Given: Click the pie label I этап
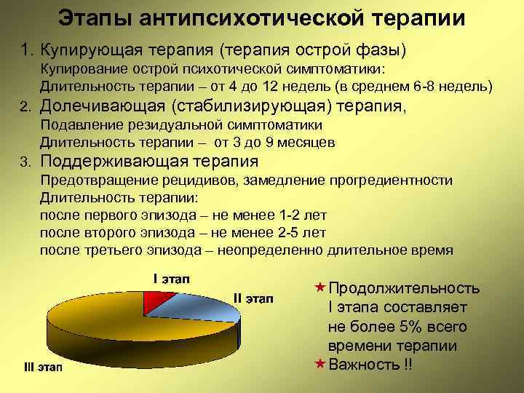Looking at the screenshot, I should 170,279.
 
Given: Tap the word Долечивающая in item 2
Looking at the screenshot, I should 101,106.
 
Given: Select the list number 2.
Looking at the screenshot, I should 24,108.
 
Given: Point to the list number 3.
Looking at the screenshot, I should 24,162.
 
